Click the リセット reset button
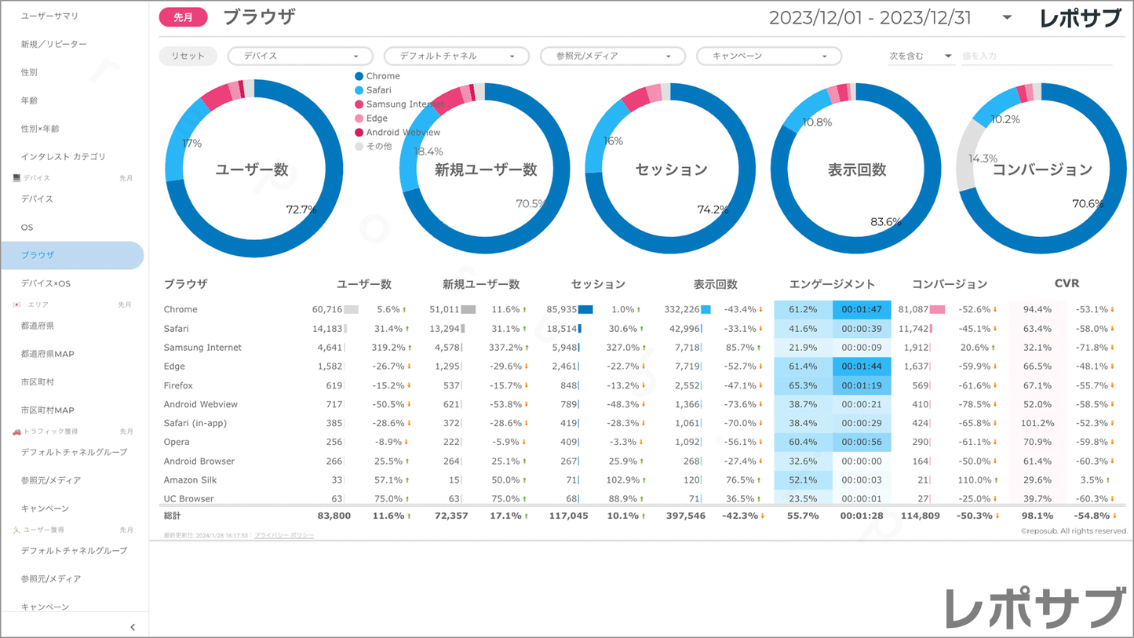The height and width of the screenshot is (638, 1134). [x=188, y=56]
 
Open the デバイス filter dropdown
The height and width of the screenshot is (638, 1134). [x=300, y=56]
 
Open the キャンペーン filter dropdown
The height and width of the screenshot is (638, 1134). [x=769, y=56]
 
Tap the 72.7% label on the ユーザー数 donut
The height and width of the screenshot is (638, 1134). [x=301, y=210]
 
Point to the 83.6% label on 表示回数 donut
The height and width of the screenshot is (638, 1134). [x=885, y=222]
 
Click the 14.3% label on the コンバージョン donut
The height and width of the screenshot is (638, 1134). [x=983, y=159]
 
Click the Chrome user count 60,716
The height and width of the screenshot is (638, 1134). [x=327, y=310]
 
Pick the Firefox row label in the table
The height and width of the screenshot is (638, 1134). [x=178, y=385]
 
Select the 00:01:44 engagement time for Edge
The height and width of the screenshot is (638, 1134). [x=861, y=366]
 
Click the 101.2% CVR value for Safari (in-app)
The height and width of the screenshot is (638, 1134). [x=1037, y=423]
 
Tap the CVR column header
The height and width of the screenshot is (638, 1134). [x=1067, y=283]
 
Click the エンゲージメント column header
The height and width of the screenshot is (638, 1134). [x=832, y=284]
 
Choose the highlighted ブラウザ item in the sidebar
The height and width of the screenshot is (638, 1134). [x=71, y=255]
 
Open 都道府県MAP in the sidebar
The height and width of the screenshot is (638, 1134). [x=48, y=354]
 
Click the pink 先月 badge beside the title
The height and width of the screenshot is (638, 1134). [x=183, y=17]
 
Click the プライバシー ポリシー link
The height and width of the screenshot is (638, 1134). [x=284, y=535]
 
